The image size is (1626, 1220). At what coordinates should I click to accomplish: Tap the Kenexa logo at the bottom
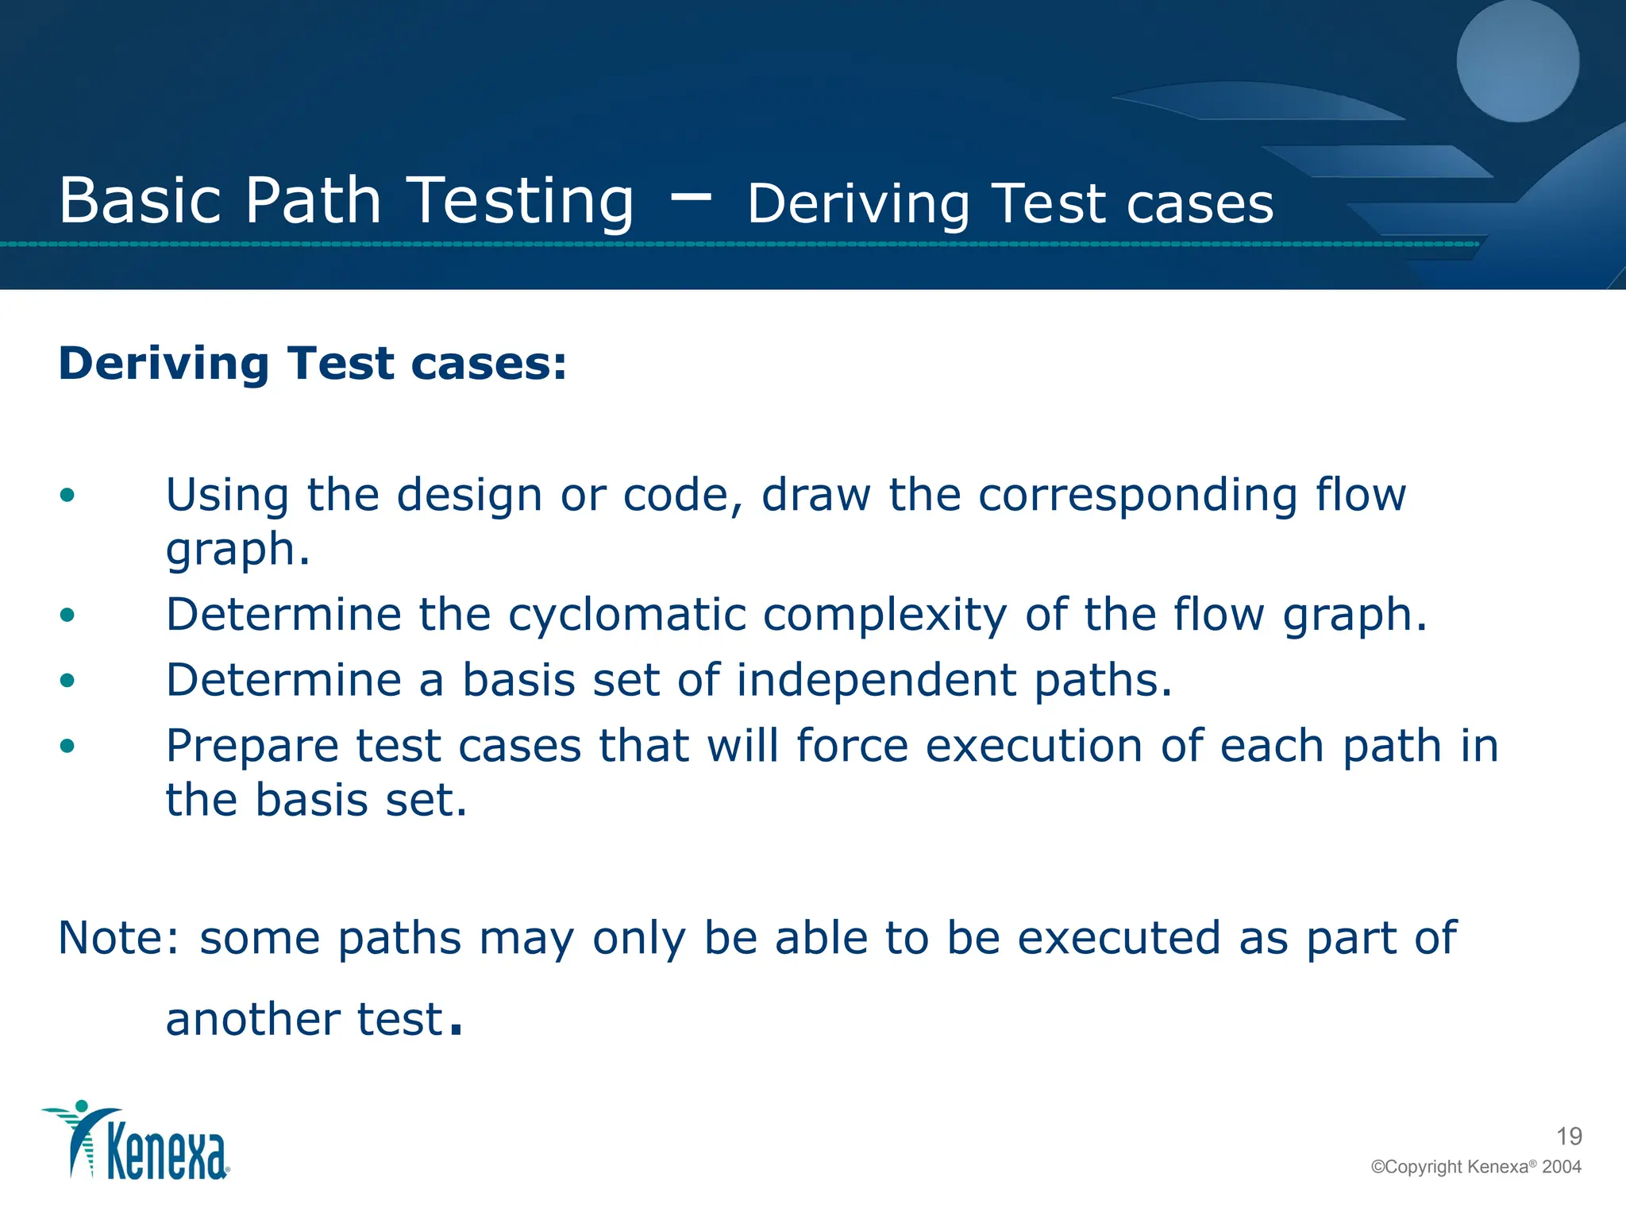tap(136, 1141)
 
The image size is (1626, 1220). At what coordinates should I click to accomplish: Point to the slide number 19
tap(1569, 1137)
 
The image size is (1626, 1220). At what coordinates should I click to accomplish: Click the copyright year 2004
tap(1561, 1167)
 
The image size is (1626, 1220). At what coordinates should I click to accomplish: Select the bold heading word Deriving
tap(164, 365)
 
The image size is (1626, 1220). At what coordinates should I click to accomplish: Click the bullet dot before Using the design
tap(67, 496)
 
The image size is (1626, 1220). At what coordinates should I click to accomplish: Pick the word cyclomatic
tap(627, 616)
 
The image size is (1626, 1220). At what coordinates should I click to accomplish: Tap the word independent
tap(877, 681)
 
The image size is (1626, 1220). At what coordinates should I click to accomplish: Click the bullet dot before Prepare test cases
tap(67, 746)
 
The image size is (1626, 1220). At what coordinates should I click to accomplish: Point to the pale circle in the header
tap(1517, 60)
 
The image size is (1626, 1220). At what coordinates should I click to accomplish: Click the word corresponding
tap(1138, 496)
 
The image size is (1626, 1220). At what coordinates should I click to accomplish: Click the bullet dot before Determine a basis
tap(67, 681)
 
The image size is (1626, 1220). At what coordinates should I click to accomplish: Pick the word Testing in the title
tap(520, 201)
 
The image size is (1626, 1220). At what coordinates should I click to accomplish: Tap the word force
tap(852, 747)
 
